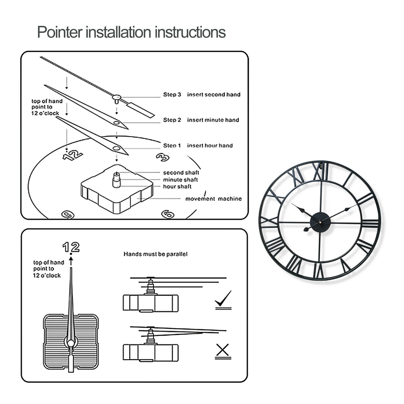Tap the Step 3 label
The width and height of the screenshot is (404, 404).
(172, 94)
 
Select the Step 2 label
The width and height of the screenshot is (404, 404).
(172, 120)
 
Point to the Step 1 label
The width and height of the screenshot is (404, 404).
(172, 145)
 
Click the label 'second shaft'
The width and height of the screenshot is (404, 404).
(181, 173)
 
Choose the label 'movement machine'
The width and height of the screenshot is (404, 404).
(213, 199)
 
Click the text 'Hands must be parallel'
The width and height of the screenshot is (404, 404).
(155, 254)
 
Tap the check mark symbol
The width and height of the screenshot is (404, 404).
(223, 299)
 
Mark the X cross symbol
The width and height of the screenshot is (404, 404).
(223, 350)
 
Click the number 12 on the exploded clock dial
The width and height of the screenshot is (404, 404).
(72, 155)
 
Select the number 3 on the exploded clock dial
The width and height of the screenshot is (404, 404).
(162, 157)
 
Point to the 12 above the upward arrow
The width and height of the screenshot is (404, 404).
(71, 247)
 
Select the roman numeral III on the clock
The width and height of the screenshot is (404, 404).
(370, 223)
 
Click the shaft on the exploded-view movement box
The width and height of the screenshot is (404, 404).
(117, 180)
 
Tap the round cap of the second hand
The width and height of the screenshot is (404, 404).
(116, 97)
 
